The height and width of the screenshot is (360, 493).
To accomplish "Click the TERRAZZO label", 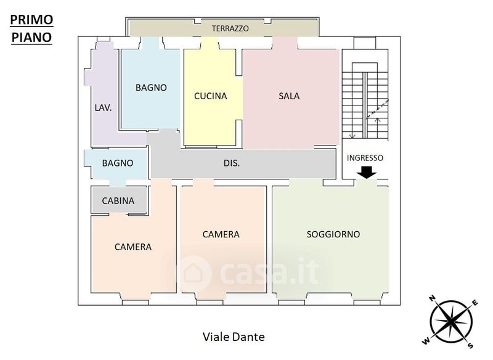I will pyautogui.click(x=230, y=28).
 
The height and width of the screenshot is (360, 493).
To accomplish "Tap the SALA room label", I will pyautogui.click(x=289, y=96).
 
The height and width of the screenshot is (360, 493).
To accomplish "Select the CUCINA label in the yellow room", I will pyautogui.click(x=210, y=96).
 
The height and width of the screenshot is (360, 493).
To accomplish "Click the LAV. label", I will pyautogui.click(x=103, y=107).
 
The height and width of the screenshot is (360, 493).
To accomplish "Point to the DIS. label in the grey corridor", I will pyautogui.click(x=232, y=163).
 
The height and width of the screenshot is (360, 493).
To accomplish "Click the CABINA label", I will pyautogui.click(x=119, y=201).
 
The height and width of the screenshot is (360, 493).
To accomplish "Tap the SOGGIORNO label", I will pyautogui.click(x=333, y=234).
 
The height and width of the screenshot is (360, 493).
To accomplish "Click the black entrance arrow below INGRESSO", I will pyautogui.click(x=367, y=173).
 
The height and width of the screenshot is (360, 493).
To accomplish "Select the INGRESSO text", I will pyautogui.click(x=365, y=158).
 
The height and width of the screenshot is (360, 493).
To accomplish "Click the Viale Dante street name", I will pyautogui.click(x=234, y=337).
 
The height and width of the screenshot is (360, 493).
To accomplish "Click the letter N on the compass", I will pyautogui.click(x=433, y=299).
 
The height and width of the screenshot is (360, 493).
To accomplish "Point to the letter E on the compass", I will pyautogui.click(x=475, y=302).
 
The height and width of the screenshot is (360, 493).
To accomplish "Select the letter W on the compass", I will pyautogui.click(x=426, y=340).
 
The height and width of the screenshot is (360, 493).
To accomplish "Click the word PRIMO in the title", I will pyautogui.click(x=31, y=19).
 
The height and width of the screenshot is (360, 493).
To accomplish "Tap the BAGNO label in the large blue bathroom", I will pyautogui.click(x=151, y=88).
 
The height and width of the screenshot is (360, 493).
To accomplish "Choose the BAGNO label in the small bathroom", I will pyautogui.click(x=118, y=163).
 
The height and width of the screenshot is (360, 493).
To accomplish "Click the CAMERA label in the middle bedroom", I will pyautogui.click(x=221, y=234).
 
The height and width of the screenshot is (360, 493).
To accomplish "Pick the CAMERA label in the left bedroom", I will pyautogui.click(x=133, y=247).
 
